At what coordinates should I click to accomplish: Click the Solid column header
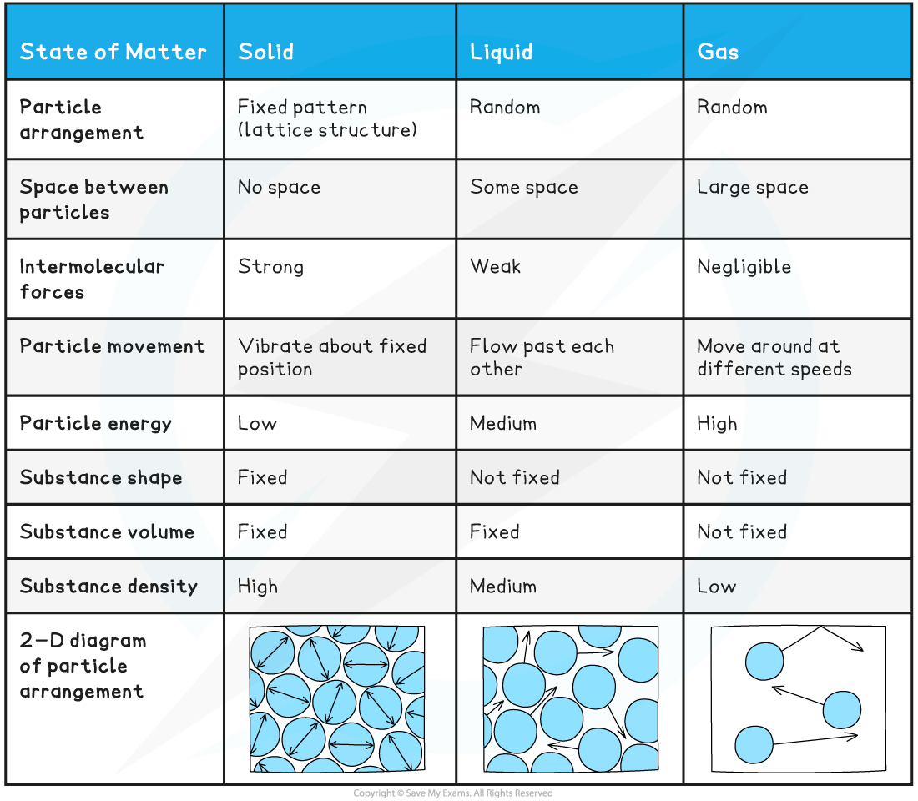[265, 52]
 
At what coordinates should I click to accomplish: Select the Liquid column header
[502, 52]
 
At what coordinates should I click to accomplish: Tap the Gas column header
[718, 52]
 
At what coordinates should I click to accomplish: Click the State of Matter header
[113, 52]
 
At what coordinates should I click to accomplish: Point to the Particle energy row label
[95, 423]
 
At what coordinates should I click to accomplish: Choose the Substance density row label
[108, 586]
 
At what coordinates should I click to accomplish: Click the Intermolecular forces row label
[91, 280]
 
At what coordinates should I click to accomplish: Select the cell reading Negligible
[744, 268]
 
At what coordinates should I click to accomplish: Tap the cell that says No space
[280, 188]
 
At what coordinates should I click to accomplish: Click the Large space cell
[752, 188]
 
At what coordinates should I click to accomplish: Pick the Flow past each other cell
[542, 358]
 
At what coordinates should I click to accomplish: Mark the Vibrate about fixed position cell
[332, 358]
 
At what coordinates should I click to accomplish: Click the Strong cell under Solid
[270, 267]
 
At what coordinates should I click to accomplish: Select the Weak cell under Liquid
[495, 266]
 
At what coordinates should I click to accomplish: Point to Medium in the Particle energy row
[503, 423]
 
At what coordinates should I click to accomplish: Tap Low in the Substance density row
[717, 586]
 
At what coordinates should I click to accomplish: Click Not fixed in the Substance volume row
[742, 531]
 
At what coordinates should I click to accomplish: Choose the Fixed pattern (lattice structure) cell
[327, 118]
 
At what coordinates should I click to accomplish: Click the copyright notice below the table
[452, 793]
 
